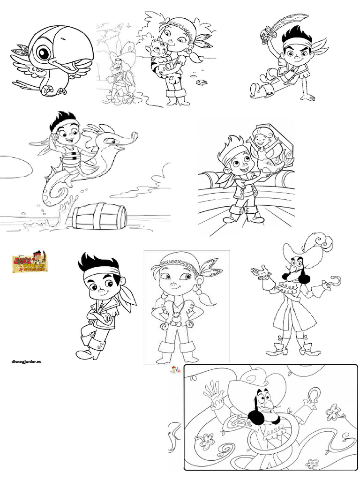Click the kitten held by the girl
[x=157, y=52]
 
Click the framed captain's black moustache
[x=257, y=413]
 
